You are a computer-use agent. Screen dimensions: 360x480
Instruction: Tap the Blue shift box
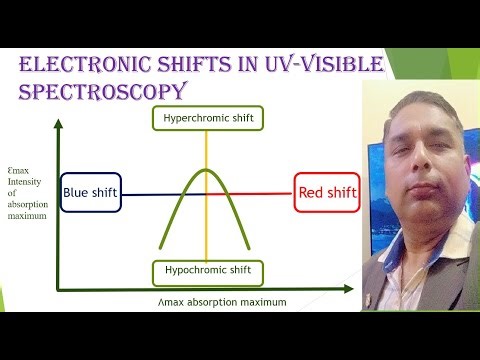click(x=91, y=193)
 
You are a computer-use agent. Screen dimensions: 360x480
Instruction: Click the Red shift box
click(x=325, y=193)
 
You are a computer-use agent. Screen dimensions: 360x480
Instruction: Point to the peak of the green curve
click(x=206, y=169)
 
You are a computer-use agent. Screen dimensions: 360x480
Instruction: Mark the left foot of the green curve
click(x=159, y=248)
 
